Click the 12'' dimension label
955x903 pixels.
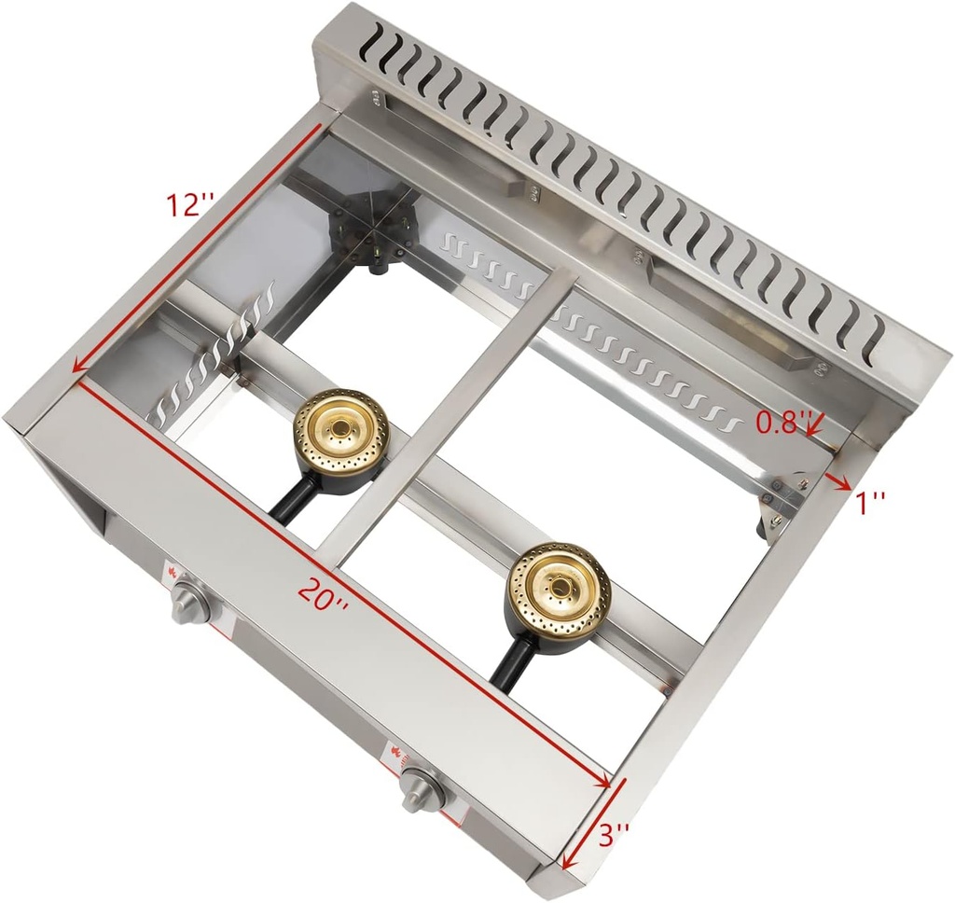coord(191,203)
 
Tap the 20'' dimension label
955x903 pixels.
coord(324,593)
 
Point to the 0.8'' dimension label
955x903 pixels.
coord(780,424)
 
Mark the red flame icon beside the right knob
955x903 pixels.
coord(397,753)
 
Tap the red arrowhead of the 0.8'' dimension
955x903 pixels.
coord(814,431)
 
